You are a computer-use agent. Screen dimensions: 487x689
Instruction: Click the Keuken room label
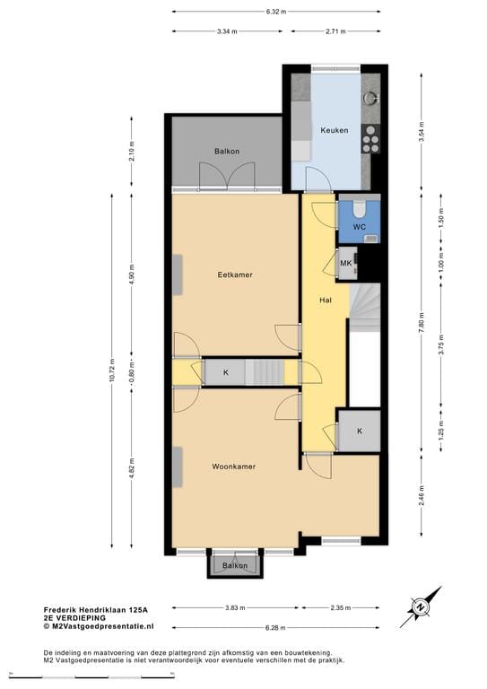(x=335, y=130)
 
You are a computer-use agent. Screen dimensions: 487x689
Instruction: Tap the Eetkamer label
(x=235, y=275)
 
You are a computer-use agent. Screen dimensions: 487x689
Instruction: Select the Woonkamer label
(x=233, y=467)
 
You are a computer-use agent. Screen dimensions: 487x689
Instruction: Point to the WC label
(x=360, y=227)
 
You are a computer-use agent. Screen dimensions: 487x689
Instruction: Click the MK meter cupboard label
(x=346, y=263)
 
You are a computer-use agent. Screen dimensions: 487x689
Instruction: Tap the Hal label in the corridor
(x=326, y=301)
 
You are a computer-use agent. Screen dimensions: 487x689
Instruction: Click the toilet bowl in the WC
(x=360, y=209)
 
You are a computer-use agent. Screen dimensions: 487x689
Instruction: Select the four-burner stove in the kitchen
(x=370, y=138)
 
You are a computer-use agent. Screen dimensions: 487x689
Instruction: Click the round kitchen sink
(x=371, y=98)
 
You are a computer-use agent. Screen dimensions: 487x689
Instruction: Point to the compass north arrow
(x=421, y=607)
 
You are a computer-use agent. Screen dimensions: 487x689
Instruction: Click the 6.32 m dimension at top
(x=275, y=12)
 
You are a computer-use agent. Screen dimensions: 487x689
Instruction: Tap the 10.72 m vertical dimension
(x=111, y=371)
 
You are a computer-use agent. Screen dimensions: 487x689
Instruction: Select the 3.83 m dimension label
(x=235, y=607)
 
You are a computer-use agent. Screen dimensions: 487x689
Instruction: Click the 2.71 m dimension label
(x=335, y=31)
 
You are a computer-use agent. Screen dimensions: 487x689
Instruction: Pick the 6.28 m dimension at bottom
(x=275, y=627)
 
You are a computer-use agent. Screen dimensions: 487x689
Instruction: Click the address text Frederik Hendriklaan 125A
(x=96, y=610)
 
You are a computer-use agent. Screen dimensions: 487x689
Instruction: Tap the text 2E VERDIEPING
(x=74, y=618)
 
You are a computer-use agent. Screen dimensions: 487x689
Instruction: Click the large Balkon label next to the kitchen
(x=227, y=151)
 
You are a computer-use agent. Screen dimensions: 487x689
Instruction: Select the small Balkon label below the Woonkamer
(x=235, y=565)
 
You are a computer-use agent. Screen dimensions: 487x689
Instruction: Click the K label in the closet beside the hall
(x=360, y=431)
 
